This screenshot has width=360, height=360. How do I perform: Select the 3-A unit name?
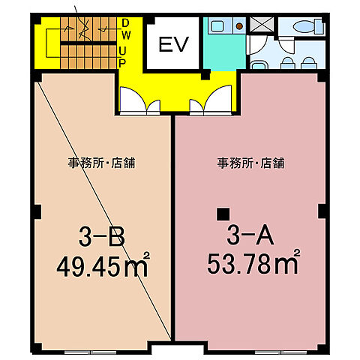point(244,238)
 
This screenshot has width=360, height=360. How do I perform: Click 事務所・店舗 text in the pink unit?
point(250,163)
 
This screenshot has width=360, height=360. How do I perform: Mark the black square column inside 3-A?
point(222,212)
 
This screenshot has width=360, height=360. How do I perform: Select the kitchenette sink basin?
point(217,26)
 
